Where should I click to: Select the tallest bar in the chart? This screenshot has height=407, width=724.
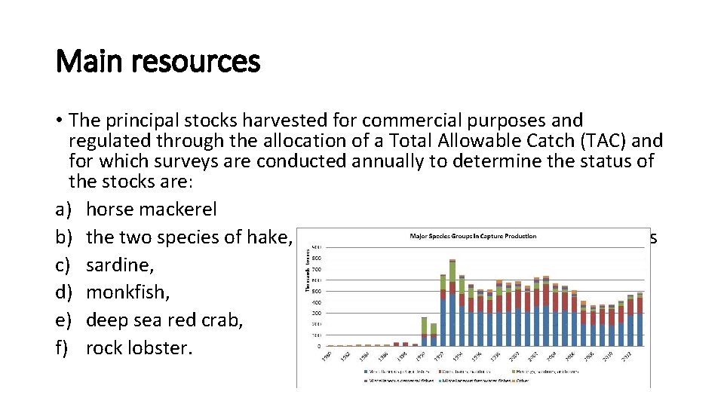click(452, 301)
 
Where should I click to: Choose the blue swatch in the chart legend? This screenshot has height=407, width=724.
click(364, 371)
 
